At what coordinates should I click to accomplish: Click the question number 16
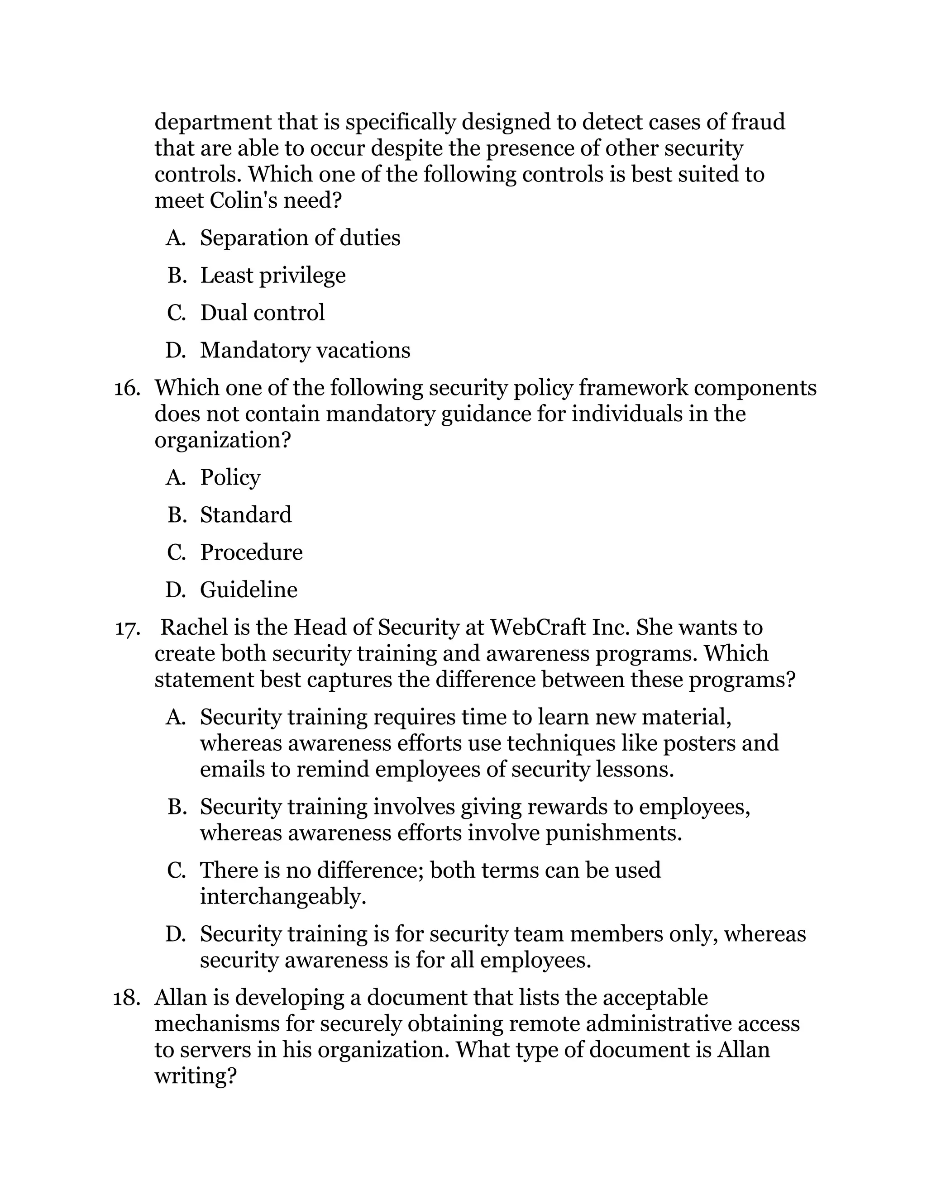tap(126, 389)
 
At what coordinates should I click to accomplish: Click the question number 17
tap(127, 628)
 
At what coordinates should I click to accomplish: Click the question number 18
tap(126, 999)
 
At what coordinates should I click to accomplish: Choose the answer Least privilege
tap(272, 276)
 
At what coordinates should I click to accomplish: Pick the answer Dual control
tap(262, 313)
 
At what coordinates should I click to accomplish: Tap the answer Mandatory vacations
tap(305, 350)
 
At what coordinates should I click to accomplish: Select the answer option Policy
tap(230, 478)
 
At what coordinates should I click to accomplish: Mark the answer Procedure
tap(251, 552)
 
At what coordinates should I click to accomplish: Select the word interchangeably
tap(282, 897)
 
